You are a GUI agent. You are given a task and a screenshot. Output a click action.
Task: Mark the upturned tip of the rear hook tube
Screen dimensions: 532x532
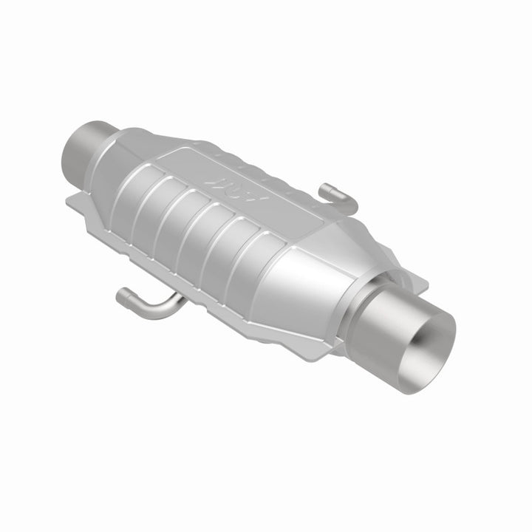pyautogui.click(x=325, y=191)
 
